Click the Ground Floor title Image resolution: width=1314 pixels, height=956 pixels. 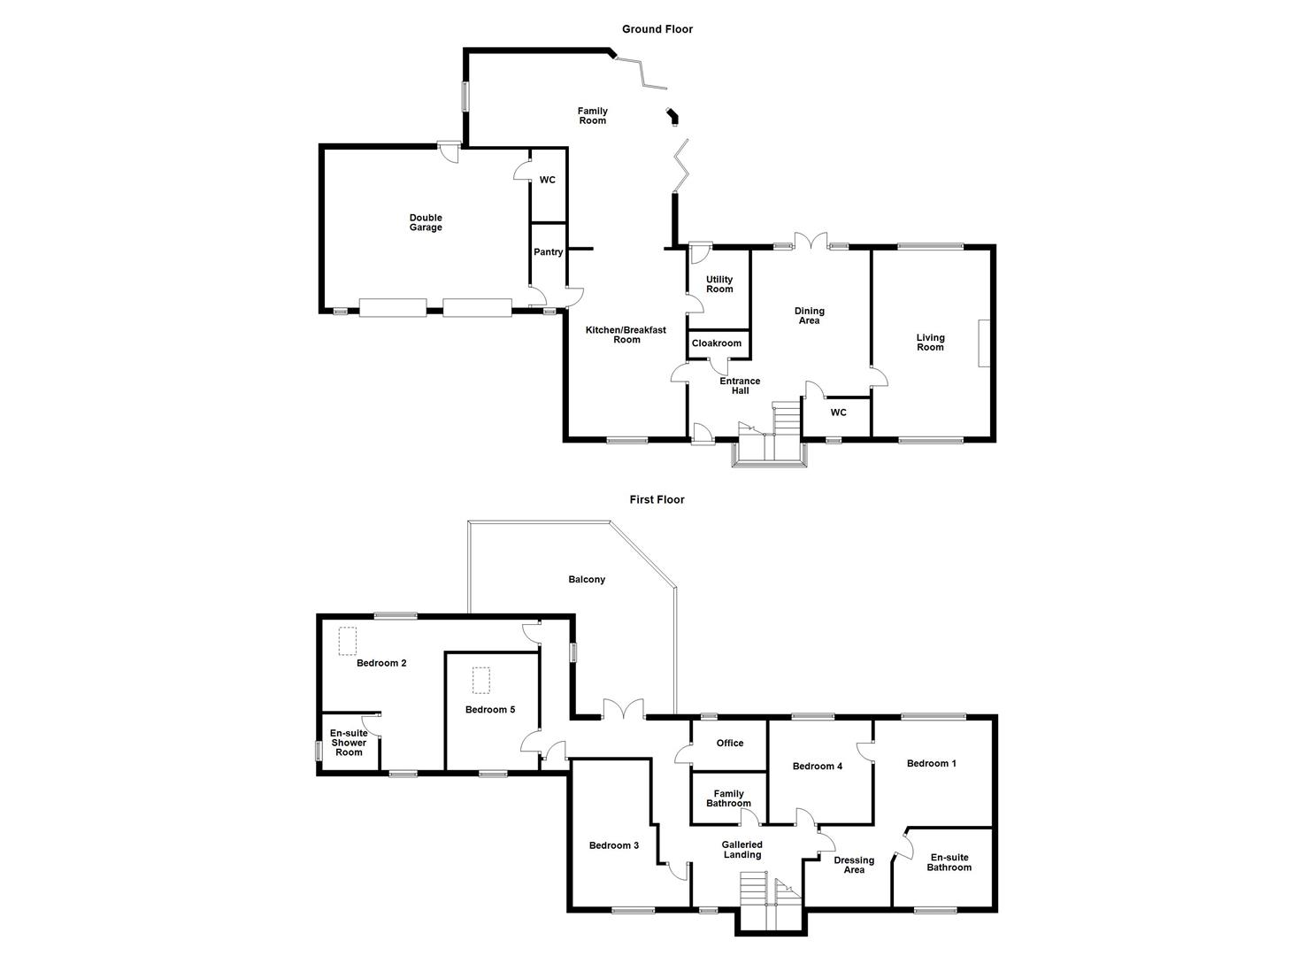click(x=657, y=29)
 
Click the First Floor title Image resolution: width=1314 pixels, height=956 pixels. click(x=657, y=499)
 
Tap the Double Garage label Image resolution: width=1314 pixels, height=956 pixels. click(x=426, y=223)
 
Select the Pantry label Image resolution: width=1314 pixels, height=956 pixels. click(x=549, y=252)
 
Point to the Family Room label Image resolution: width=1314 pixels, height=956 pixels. click(x=593, y=116)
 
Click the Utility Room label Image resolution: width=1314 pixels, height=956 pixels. click(x=719, y=284)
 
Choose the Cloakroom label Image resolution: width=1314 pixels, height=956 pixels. click(x=717, y=343)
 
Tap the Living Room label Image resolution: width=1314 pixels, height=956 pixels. click(x=930, y=343)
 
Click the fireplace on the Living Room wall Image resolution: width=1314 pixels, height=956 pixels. click(x=983, y=343)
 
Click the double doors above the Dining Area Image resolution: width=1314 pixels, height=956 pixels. click(x=810, y=242)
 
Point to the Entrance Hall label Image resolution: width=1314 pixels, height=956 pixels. click(x=740, y=386)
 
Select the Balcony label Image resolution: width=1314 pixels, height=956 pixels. click(x=587, y=580)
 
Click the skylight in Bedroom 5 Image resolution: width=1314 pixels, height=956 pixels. click(x=481, y=681)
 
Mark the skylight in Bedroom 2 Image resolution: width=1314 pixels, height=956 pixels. click(x=347, y=641)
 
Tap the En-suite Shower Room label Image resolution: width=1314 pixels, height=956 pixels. click(x=349, y=743)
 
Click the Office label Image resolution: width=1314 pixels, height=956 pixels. click(x=730, y=744)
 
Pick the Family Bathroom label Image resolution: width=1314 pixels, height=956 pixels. click(x=728, y=798)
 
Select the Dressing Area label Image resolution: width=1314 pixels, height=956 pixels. click(x=854, y=865)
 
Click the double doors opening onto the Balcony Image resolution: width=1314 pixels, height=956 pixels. click(x=623, y=710)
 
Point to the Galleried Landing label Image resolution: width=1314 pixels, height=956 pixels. click(x=742, y=850)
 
